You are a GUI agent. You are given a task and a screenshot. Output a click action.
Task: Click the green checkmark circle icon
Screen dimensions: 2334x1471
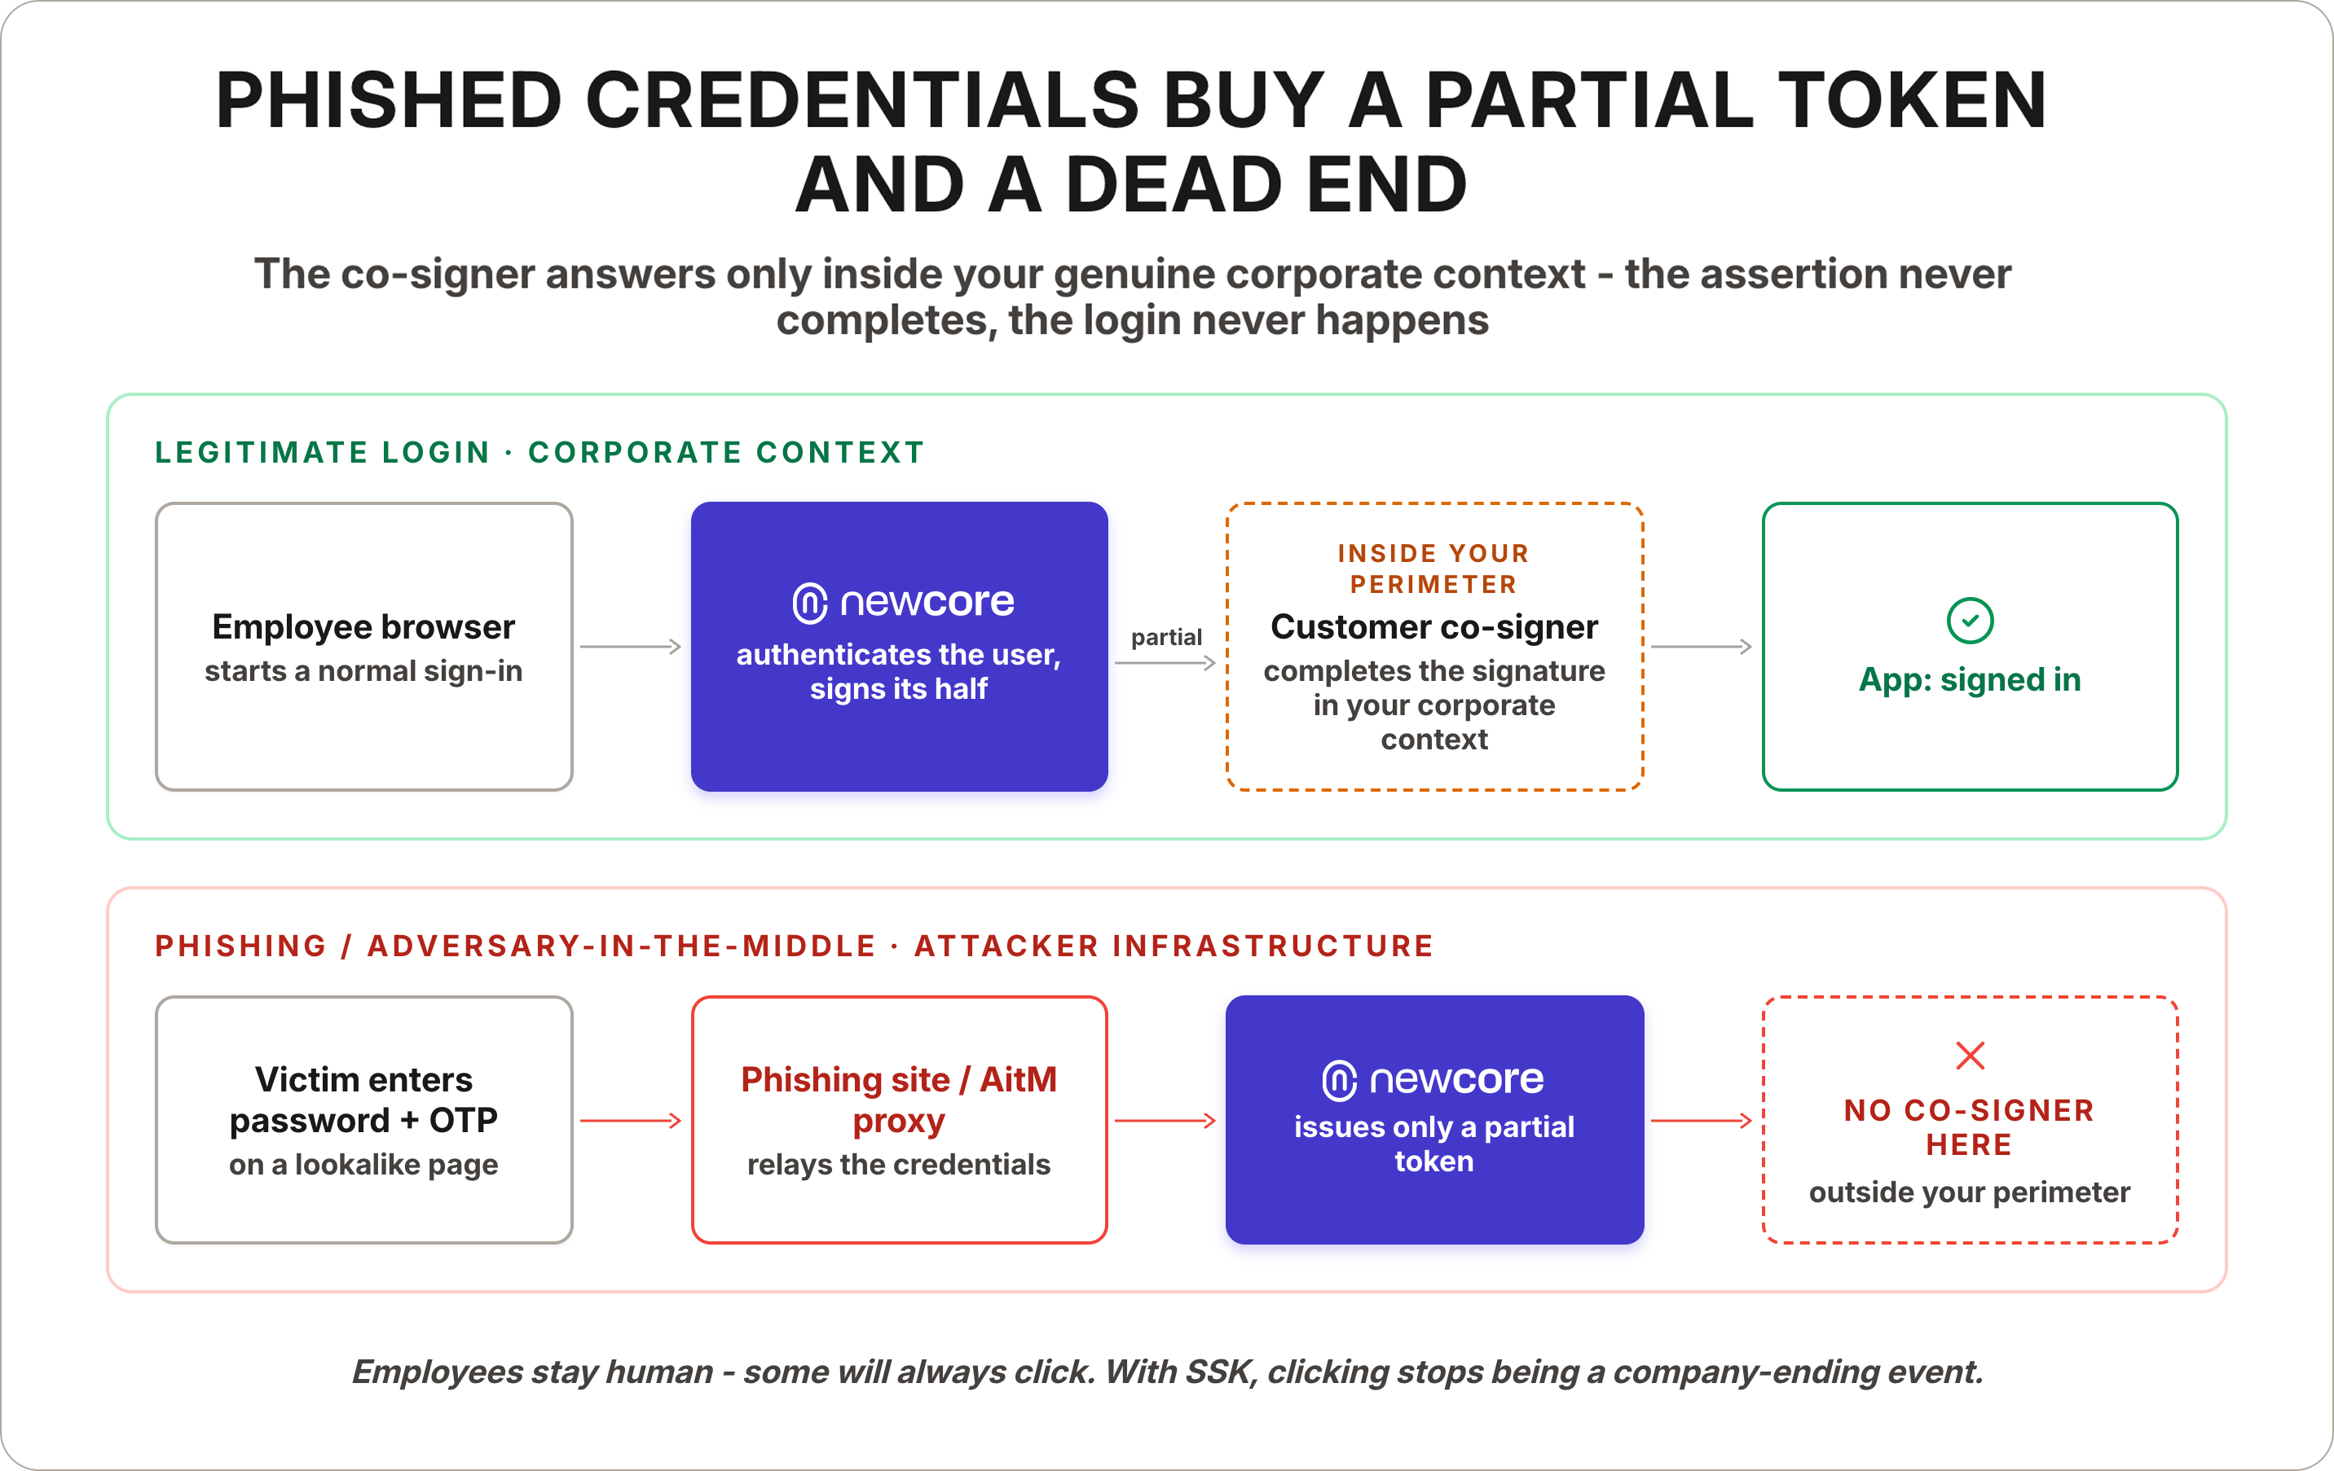point(1970,620)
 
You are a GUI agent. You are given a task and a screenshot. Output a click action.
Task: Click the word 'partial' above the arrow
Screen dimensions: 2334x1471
point(1166,638)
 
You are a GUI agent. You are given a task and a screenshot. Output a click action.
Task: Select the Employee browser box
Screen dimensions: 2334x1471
point(363,647)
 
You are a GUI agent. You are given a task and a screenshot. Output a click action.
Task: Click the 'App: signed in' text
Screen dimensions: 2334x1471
point(1970,679)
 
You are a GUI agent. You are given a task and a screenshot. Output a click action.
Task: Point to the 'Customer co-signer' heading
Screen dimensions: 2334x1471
point(1433,627)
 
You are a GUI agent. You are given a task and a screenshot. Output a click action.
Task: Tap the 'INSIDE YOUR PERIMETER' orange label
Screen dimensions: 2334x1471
point(1433,568)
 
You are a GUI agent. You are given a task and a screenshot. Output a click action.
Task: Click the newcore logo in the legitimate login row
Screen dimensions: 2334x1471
point(903,602)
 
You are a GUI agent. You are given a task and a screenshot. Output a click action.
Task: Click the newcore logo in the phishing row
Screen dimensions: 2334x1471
point(1433,1079)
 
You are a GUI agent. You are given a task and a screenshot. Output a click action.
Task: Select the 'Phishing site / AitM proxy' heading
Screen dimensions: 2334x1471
point(899,1099)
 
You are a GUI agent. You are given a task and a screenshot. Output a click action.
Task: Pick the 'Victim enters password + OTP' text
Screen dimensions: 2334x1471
point(363,1099)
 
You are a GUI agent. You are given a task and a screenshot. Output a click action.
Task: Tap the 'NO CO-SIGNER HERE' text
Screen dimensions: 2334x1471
point(1970,1127)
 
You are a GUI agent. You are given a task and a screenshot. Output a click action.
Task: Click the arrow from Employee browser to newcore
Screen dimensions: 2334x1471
point(631,647)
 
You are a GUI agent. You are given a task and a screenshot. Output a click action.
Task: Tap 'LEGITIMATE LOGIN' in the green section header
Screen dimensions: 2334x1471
point(322,453)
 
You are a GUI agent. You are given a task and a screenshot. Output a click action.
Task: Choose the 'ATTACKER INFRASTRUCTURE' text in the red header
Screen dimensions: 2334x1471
point(1174,946)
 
